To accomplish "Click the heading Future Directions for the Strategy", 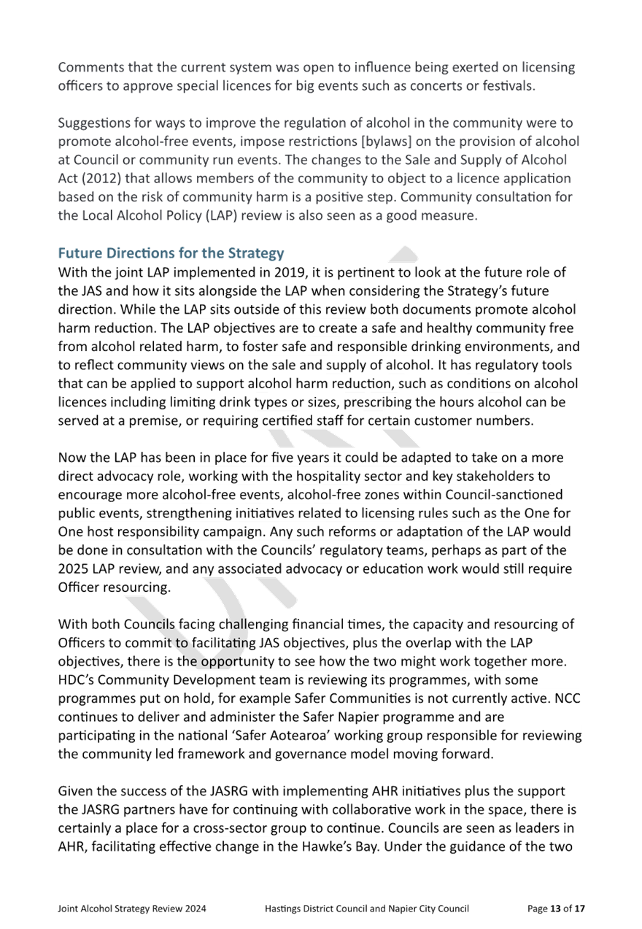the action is pyautogui.click(x=171, y=253).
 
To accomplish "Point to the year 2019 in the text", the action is pyautogui.click(x=290, y=272).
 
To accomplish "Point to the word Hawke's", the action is pyautogui.click(x=328, y=847).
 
